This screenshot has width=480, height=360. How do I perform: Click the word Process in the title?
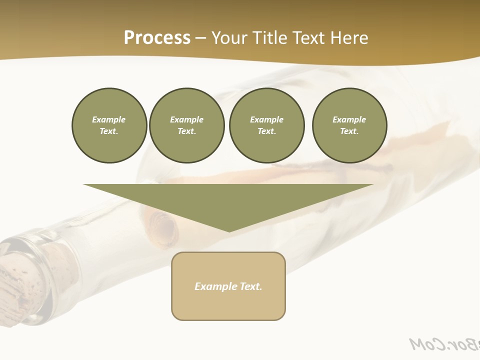tap(157, 38)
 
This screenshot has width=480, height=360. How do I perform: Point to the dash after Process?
tap(200, 38)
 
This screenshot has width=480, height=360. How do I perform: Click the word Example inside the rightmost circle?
tap(349, 119)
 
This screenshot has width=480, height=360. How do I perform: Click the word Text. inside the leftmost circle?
tap(109, 131)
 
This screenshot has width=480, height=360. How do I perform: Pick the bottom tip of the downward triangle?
tap(229, 231)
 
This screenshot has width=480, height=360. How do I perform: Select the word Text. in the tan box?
tap(251, 286)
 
